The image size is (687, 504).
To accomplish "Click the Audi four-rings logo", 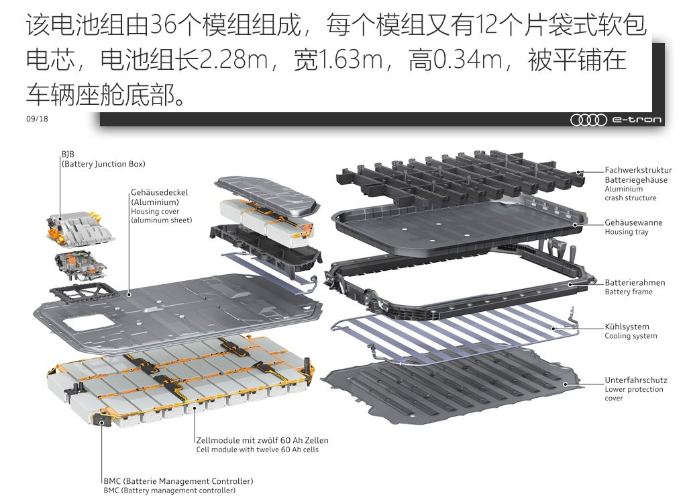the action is pyautogui.click(x=588, y=120).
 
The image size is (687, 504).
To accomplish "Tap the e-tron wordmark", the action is pyautogui.click(x=637, y=120).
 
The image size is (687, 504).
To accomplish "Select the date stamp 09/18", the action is pyautogui.click(x=38, y=118).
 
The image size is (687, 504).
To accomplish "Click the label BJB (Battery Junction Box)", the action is pyautogui.click(x=103, y=159).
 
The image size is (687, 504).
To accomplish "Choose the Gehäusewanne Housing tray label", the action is pyautogui.click(x=633, y=227).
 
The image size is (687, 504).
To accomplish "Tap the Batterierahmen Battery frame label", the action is pyautogui.click(x=635, y=287).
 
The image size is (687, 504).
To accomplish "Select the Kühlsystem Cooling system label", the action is pyautogui.click(x=631, y=331).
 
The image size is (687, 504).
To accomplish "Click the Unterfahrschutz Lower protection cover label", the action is pyautogui.click(x=636, y=389).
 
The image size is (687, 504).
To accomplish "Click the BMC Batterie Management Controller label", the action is pyautogui.click(x=178, y=485).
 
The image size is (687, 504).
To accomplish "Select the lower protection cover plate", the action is pyautogui.click(x=454, y=386).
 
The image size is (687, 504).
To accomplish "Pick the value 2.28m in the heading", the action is pyautogui.click(x=233, y=60).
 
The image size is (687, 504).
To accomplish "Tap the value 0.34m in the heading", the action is pyautogui.click(x=468, y=60).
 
